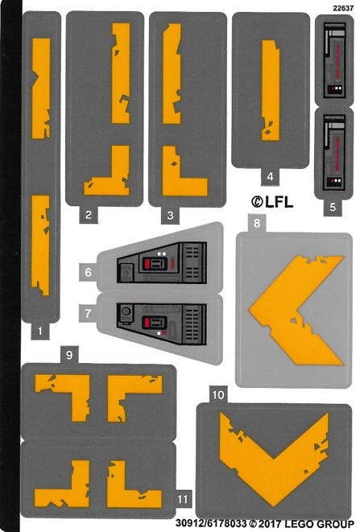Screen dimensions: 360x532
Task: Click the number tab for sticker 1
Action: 40,331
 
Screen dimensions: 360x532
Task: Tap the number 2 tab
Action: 89,214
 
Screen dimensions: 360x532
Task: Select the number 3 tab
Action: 170,215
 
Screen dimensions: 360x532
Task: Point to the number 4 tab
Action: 270,176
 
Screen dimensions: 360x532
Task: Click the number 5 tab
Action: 333,207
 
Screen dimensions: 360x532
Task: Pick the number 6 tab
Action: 88,272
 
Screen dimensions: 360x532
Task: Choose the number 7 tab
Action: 88,313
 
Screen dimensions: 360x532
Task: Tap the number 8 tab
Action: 257,223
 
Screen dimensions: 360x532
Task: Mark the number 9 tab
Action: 69,355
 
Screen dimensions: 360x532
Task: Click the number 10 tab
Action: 218,394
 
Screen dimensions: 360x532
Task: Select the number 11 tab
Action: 183,499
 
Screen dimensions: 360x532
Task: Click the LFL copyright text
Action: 272,202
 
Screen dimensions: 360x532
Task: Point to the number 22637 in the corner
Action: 343,9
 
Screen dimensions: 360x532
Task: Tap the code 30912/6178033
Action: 210,524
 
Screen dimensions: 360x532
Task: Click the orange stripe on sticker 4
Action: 271,90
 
